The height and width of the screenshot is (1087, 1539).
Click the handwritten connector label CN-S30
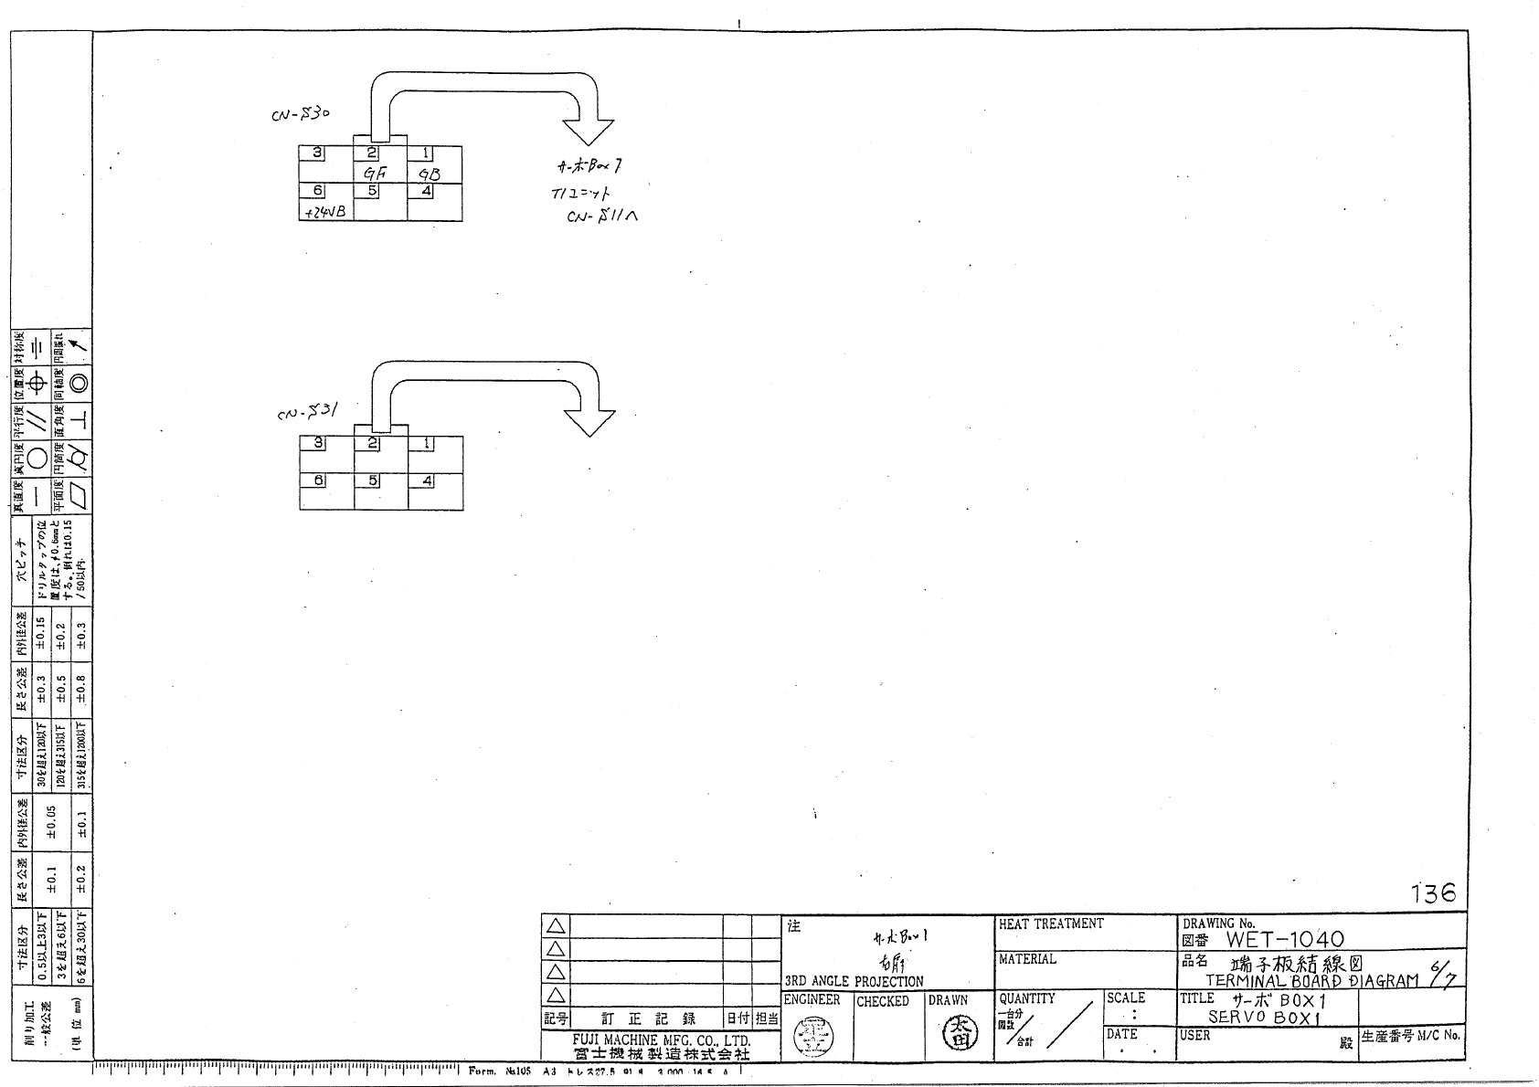300,115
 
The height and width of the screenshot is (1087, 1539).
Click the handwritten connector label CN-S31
308,413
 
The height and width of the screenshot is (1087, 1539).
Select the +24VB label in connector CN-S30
324,212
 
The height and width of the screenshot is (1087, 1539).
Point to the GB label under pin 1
430,174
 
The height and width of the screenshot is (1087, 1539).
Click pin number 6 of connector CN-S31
318,480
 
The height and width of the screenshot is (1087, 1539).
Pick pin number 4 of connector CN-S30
427,191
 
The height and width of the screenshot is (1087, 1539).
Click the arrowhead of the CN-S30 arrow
589,132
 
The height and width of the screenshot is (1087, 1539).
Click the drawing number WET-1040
1284,939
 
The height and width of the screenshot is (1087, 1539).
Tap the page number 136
1432,893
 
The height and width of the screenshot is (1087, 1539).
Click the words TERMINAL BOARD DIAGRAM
1311,981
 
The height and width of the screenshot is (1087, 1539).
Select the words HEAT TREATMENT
1051,924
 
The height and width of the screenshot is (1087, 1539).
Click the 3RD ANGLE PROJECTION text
854,982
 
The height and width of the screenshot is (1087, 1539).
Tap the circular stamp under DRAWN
959,1033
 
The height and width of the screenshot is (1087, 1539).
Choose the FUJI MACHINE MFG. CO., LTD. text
662,1040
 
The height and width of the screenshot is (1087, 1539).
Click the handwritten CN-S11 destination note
601,216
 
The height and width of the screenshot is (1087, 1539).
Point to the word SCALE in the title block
1125,998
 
